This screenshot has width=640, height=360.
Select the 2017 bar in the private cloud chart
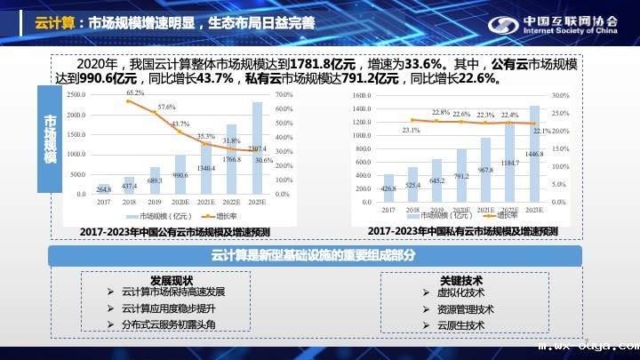click(388, 188)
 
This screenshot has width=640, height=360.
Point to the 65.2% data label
click(135, 92)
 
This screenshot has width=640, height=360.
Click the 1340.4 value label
click(206, 167)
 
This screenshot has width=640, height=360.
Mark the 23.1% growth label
click(411, 130)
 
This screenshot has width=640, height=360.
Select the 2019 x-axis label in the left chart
click(155, 202)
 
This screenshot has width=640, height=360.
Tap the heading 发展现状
click(172, 279)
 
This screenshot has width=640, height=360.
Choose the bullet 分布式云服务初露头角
click(168, 324)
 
